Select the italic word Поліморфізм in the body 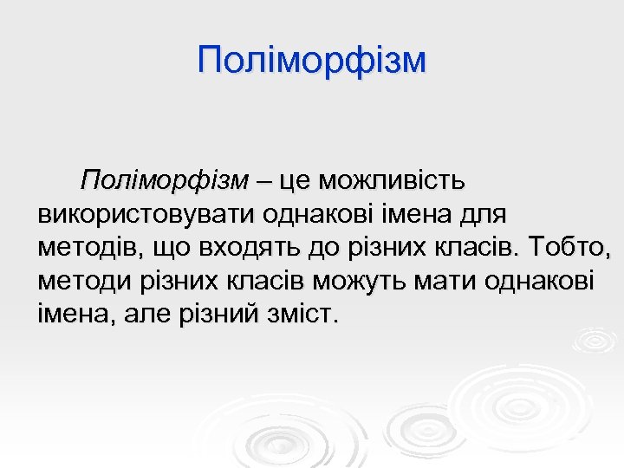pos(165,181)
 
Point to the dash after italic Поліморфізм pos(263,181)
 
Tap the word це pos(292,181)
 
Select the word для pos(489,214)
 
